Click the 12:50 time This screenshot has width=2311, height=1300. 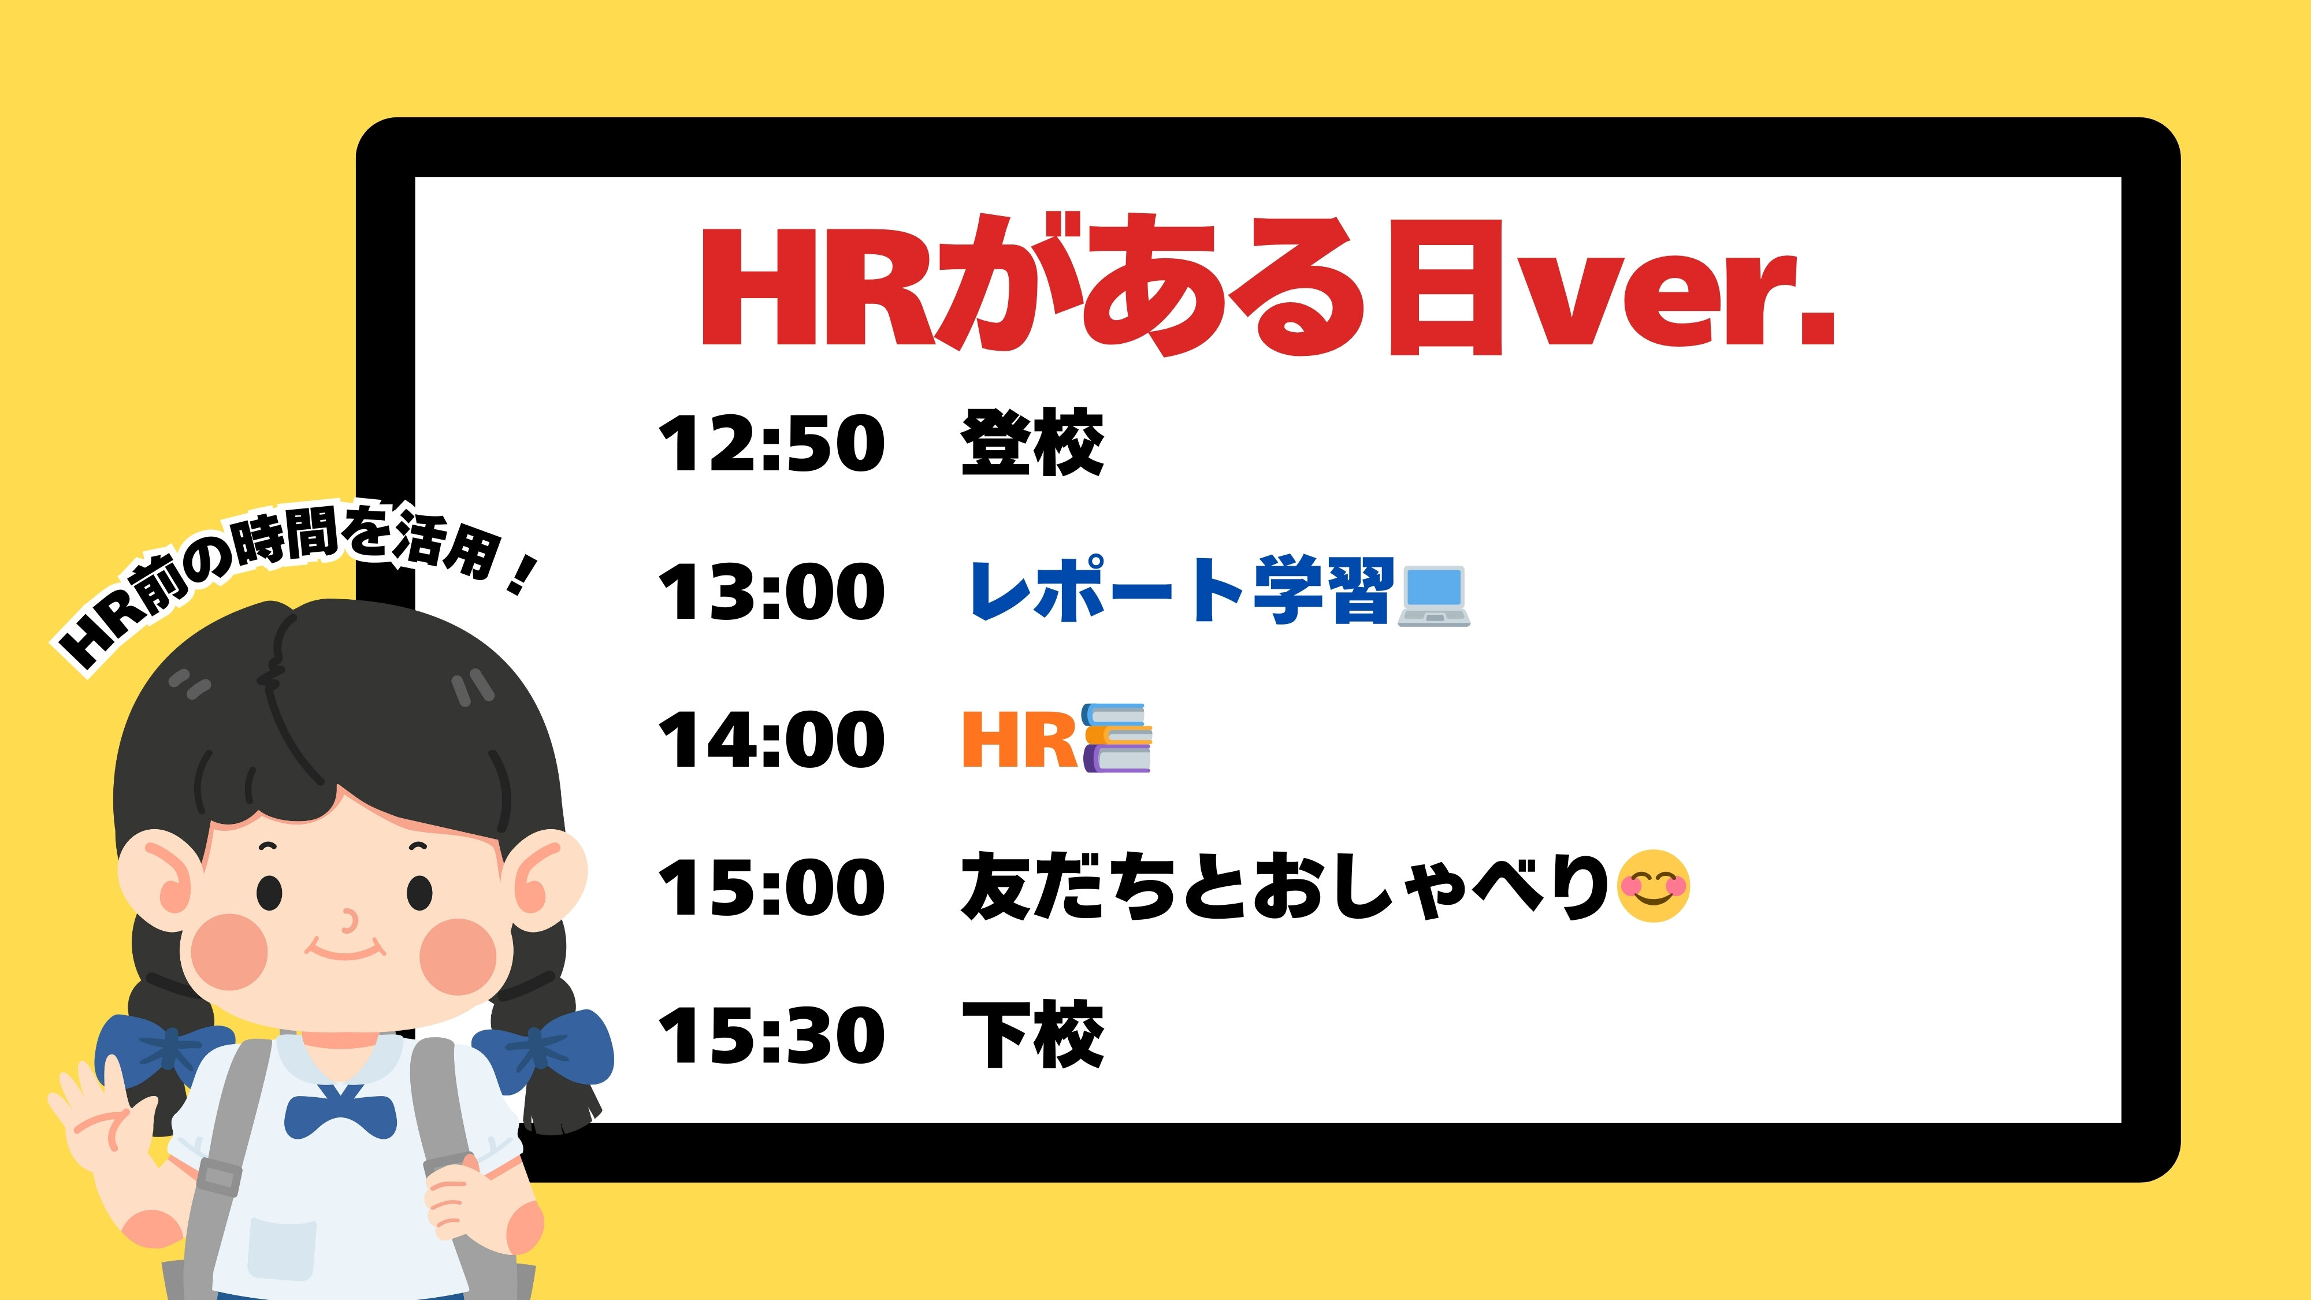pyautogui.click(x=771, y=443)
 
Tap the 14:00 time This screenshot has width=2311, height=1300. pyautogui.click(x=771, y=740)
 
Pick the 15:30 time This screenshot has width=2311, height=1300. pyautogui.click(x=771, y=1035)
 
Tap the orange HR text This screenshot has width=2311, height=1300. pyautogui.click(x=1019, y=740)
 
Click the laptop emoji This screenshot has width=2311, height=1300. pyautogui.click(x=1433, y=596)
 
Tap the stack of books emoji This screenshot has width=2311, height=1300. pyautogui.click(x=1117, y=737)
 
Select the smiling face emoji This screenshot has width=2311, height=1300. pyautogui.click(x=1654, y=886)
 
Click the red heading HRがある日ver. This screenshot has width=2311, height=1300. pyautogui.click(x=1268, y=285)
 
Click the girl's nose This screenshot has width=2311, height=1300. pyautogui.click(x=348, y=920)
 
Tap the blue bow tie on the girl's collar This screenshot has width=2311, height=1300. pyautogui.click(x=340, y=1112)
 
